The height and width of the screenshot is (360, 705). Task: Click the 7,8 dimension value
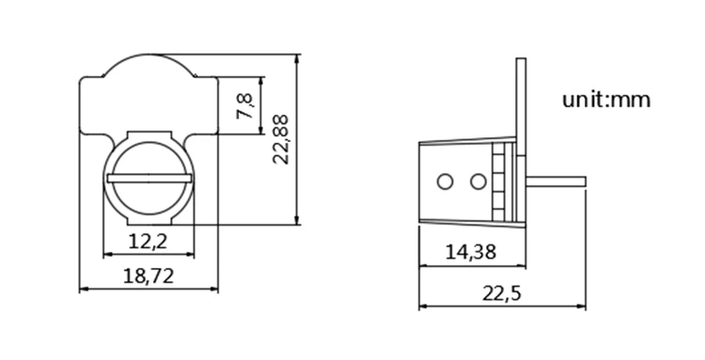pyautogui.click(x=245, y=106)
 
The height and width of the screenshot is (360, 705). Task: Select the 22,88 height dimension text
pyautogui.click(x=281, y=139)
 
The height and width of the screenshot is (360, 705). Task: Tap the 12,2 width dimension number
pyautogui.click(x=148, y=242)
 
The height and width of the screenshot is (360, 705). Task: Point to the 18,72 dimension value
pyautogui.click(x=148, y=275)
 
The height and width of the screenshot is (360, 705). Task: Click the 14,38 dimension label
pyautogui.click(x=471, y=252)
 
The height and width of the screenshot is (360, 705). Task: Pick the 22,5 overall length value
pyautogui.click(x=502, y=294)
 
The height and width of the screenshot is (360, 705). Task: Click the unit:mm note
pyautogui.click(x=606, y=100)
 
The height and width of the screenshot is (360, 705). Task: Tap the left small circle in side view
pyautogui.click(x=445, y=182)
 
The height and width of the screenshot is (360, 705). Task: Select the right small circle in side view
pyautogui.click(x=478, y=182)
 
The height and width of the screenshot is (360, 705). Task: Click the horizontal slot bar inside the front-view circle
pyautogui.click(x=149, y=179)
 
